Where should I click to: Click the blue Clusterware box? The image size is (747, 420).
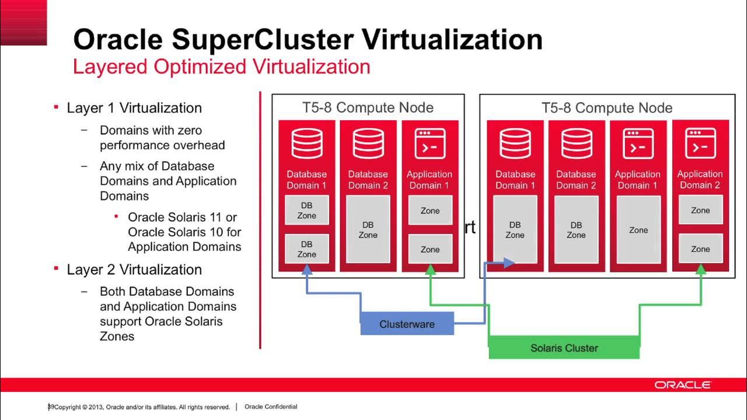pos(407,324)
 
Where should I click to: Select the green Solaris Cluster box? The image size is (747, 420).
pos(564,348)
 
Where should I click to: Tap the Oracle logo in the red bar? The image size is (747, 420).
pos(682,385)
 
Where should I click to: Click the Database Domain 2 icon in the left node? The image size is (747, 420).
pos(368,143)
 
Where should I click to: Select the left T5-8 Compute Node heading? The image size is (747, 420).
pos(368,108)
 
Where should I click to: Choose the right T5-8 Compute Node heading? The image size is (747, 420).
pos(607,108)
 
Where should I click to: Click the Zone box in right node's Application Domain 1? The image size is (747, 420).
pos(638,230)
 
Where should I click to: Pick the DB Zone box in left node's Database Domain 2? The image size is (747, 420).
pos(368,230)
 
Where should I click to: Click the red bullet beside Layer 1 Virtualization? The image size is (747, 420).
pos(56,107)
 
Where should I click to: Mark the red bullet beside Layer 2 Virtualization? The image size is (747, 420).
pos(56,269)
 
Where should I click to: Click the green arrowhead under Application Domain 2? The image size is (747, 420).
pos(701,268)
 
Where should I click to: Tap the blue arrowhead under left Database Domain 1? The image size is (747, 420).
pos(306,269)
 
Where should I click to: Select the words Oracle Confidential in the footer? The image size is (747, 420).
pos(271,407)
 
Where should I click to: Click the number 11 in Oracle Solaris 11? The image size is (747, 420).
pos(216,217)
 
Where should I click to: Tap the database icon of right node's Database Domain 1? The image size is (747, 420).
pos(515,143)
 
